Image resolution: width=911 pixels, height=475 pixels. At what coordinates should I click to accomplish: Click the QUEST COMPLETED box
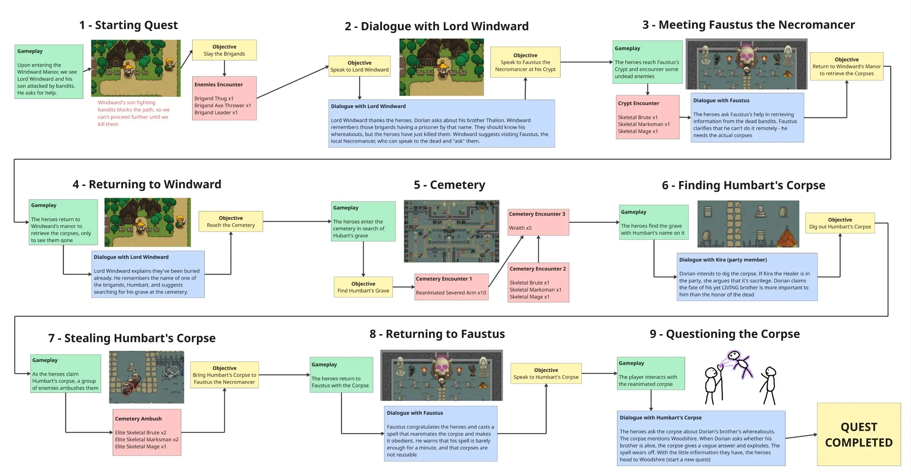858,434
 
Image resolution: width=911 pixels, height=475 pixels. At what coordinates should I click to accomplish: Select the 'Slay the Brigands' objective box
224,50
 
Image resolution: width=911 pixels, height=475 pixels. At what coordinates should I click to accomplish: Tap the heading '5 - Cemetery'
449,185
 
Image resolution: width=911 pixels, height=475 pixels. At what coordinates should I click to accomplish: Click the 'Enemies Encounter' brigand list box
224,98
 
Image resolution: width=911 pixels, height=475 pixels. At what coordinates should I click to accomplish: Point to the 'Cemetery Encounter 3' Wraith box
538,222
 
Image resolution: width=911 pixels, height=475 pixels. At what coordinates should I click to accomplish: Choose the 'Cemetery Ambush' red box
147,432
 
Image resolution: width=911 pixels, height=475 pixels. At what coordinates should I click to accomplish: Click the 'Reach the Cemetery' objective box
231,221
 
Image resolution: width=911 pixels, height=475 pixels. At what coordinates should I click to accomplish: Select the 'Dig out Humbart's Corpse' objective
840,223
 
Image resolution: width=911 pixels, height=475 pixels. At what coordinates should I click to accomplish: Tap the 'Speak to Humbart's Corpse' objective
546,373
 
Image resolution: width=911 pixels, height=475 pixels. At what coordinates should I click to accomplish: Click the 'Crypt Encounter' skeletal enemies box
647,117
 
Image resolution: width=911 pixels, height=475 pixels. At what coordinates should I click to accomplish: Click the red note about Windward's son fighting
133,113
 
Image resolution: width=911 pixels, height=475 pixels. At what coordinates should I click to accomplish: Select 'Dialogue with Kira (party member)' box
747,277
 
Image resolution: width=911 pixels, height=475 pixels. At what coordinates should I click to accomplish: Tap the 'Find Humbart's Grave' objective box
363,287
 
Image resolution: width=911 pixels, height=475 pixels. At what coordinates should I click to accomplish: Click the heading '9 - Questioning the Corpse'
725,334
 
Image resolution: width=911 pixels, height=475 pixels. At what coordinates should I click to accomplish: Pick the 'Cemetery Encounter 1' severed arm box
451,287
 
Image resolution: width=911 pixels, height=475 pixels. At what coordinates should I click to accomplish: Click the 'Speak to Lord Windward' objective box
359,66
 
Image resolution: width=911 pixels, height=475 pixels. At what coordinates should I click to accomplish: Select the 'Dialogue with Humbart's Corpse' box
700,438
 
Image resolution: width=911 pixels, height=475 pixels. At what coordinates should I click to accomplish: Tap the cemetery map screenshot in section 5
451,231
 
